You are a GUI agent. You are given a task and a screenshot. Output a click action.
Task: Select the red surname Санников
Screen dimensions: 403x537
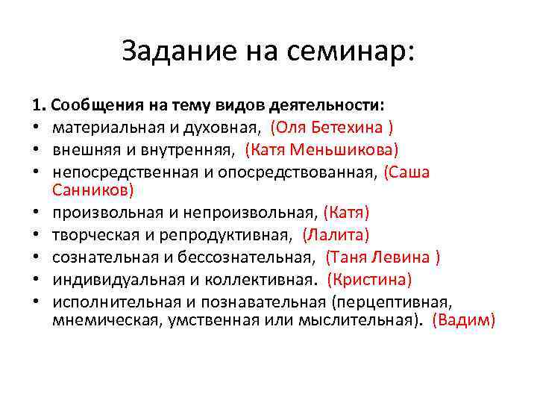click(93, 190)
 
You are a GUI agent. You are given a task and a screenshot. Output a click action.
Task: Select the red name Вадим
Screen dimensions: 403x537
click(463, 320)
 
